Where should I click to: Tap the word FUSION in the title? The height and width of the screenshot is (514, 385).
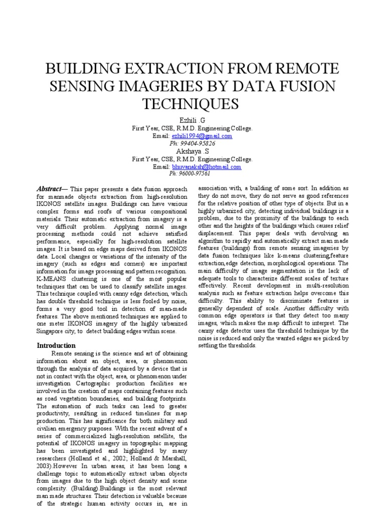coord(299,86)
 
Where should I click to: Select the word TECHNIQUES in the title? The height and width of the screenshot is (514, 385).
coord(192,104)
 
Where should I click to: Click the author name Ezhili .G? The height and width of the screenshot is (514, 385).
coord(192,120)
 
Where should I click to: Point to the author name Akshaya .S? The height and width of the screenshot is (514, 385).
coord(192,151)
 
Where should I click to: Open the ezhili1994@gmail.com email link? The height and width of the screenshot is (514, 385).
coord(202,136)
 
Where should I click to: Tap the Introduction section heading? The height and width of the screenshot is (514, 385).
coord(56,345)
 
